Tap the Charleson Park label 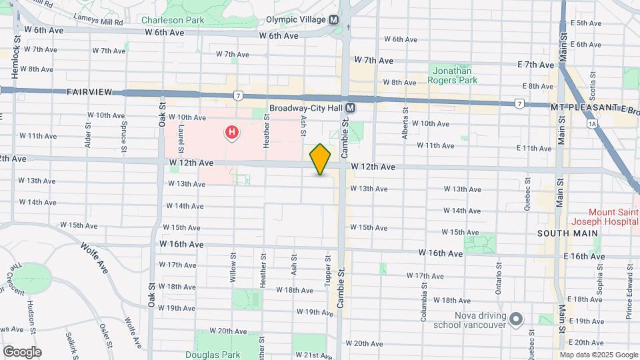point(173,20)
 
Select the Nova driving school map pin point(515,319)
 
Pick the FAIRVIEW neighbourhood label point(89,91)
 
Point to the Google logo point(21,352)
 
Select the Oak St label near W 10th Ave point(161,116)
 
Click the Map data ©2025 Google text point(598,355)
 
